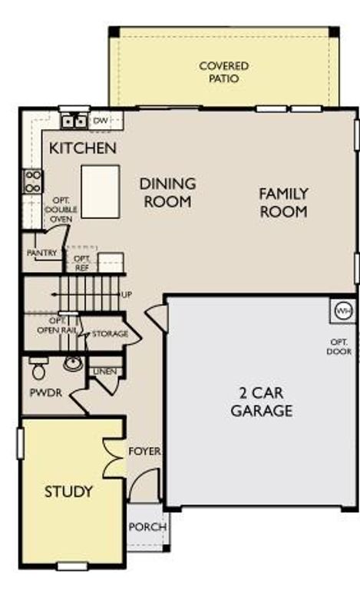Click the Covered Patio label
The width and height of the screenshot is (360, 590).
[223, 72]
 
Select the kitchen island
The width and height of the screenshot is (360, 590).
[100, 192]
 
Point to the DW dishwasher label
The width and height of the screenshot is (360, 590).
[101, 121]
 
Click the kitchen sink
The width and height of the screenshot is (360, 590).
[74, 121]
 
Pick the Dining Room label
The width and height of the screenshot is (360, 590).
[167, 192]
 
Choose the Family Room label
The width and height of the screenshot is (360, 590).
[283, 202]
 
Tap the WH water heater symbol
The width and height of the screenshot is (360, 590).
[343, 311]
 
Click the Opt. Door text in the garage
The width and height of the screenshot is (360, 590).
[341, 346]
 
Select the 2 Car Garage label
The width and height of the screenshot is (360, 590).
[261, 402]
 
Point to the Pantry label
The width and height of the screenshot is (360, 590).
[41, 252]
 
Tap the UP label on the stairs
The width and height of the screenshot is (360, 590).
[126, 294]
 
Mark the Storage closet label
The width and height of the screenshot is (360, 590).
[110, 334]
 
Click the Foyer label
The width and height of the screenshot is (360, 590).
[144, 451]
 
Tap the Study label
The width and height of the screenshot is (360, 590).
[68, 491]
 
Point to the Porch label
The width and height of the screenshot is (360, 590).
[147, 527]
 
